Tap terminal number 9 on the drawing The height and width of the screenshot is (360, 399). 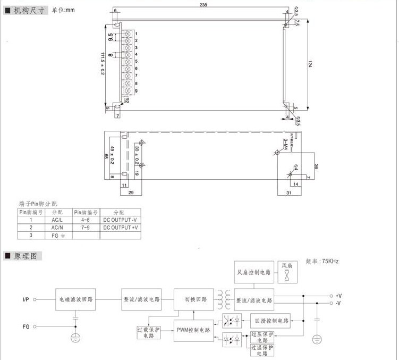pos(137,91)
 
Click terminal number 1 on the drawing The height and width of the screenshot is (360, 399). pos(137,34)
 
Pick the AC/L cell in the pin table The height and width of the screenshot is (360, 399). pos(56,219)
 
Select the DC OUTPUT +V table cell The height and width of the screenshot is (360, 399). pos(120,227)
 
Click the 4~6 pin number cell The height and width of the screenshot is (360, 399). pos(86,219)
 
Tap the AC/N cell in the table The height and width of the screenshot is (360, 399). pos(56,227)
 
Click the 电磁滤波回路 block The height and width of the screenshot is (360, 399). pos(76,299)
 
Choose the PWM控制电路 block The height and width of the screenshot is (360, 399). pos(194,330)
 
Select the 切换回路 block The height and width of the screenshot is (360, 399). pos(194,299)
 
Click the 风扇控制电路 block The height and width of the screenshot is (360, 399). pos(254,271)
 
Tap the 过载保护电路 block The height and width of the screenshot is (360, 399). pos(149,332)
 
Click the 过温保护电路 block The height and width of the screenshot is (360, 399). pos(262,350)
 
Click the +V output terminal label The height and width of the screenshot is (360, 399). pos(338,295)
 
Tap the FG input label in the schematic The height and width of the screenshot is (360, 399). pos(26,325)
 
